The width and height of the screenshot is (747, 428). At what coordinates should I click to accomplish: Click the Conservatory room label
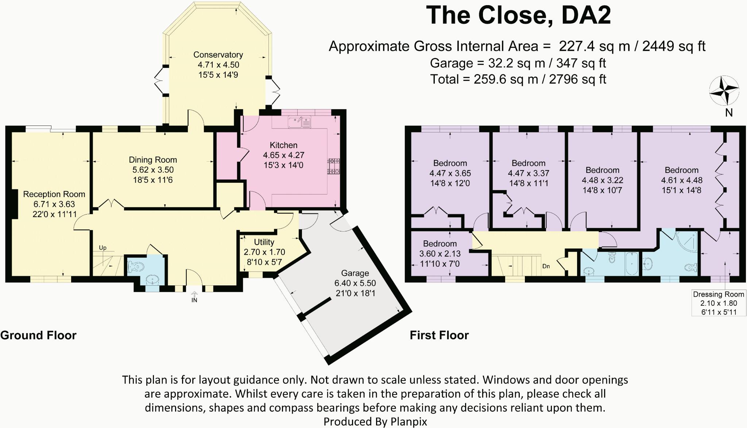pyautogui.click(x=218, y=55)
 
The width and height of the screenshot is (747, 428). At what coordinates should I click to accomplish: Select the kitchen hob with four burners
pyautogui.click(x=334, y=166)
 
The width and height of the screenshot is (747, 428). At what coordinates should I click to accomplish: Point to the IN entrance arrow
pyautogui.click(x=194, y=297)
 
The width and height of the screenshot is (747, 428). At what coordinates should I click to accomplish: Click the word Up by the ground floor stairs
pyautogui.click(x=103, y=248)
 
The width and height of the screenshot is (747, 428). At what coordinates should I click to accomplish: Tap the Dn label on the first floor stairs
pyautogui.click(x=546, y=266)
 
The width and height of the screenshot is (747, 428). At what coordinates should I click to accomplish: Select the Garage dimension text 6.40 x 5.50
pyautogui.click(x=355, y=283)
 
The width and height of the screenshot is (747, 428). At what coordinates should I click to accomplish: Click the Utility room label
pyautogui.click(x=264, y=242)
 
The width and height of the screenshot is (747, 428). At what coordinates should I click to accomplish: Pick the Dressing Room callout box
pyautogui.click(x=719, y=303)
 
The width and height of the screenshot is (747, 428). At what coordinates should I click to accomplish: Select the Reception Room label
pyautogui.click(x=54, y=194)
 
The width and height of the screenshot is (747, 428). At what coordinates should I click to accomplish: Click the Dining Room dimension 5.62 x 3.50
pyautogui.click(x=153, y=170)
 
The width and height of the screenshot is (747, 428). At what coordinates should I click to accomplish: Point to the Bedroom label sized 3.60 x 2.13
pyautogui.click(x=440, y=244)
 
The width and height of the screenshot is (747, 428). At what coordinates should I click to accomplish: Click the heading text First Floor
pyautogui.click(x=439, y=335)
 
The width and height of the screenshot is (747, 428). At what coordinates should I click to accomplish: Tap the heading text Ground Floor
pyautogui.click(x=38, y=335)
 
